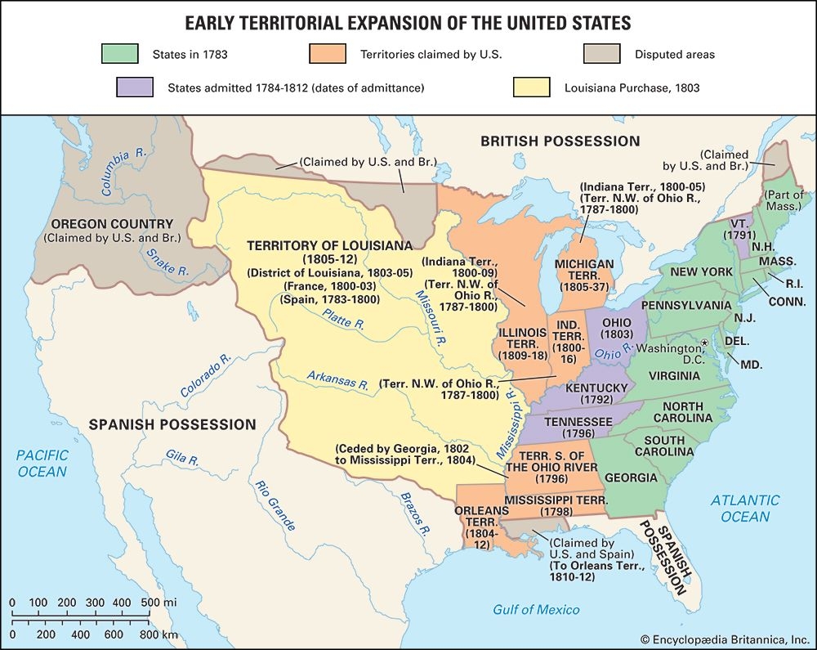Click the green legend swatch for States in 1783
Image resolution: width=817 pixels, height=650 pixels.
tap(118, 55)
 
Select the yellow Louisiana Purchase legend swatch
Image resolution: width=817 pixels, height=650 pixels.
tap(531, 87)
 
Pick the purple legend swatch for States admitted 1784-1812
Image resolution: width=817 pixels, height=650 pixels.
tap(135, 87)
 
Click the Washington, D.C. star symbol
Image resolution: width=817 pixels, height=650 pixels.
tap(703, 343)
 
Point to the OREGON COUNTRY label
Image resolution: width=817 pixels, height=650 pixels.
tap(112, 224)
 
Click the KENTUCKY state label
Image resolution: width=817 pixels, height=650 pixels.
tap(596, 388)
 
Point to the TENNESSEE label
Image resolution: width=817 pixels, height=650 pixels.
tap(577, 421)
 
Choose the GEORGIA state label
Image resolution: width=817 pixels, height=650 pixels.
tap(631, 477)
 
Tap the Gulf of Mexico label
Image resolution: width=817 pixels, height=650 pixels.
tap(536, 610)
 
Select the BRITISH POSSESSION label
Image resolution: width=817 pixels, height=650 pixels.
tap(560, 141)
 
